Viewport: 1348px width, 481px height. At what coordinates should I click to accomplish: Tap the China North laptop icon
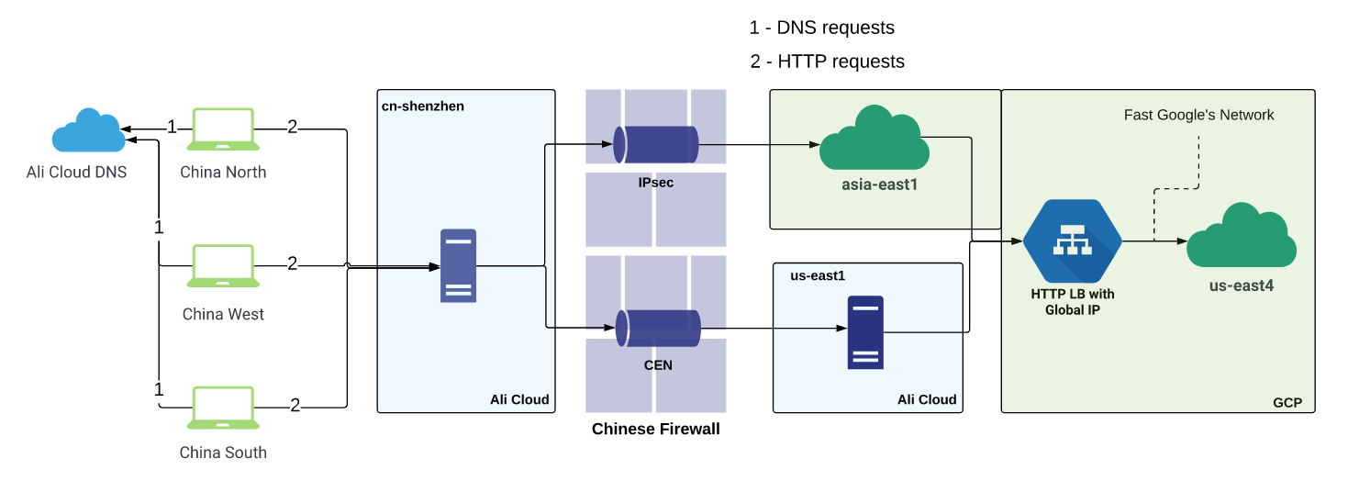[223, 129]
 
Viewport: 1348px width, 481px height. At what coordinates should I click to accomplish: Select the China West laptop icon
[223, 266]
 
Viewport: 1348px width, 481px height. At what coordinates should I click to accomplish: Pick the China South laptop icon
[223, 408]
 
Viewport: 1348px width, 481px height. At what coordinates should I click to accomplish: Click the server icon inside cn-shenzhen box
[458, 265]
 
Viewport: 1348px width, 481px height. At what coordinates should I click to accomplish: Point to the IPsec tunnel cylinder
[655, 145]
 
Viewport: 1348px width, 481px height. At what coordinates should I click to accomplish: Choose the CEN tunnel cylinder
[657, 328]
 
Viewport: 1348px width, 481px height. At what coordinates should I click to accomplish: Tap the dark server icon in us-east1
[865, 332]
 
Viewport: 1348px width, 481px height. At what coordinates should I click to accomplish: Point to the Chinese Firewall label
[655, 430]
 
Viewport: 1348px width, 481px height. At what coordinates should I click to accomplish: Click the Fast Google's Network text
[1198, 115]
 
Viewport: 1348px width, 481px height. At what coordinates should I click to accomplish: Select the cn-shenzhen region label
[423, 106]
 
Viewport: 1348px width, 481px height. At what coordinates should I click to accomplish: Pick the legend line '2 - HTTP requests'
[827, 62]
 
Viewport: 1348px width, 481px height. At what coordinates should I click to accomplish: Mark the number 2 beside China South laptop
[295, 405]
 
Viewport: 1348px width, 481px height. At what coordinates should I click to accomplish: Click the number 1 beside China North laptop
[171, 127]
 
